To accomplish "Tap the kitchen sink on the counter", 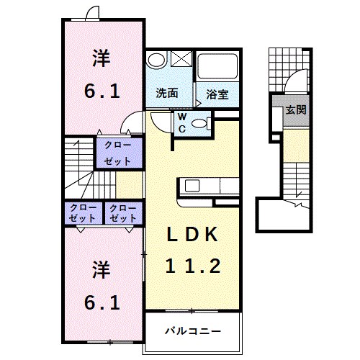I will [x=194, y=186].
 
